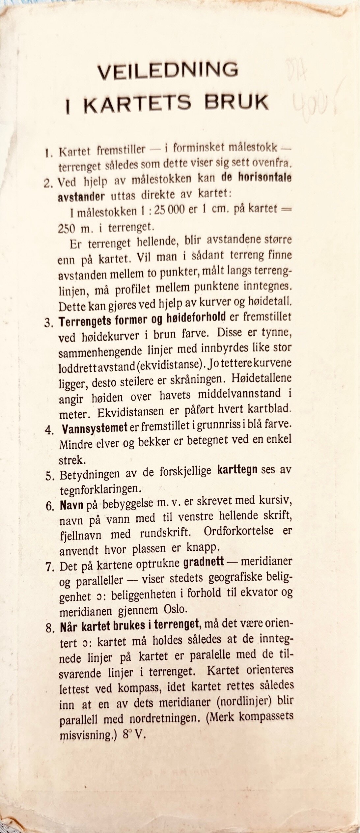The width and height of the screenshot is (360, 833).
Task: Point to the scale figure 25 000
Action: tap(168, 211)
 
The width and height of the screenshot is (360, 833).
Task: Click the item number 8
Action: tap(50, 628)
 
